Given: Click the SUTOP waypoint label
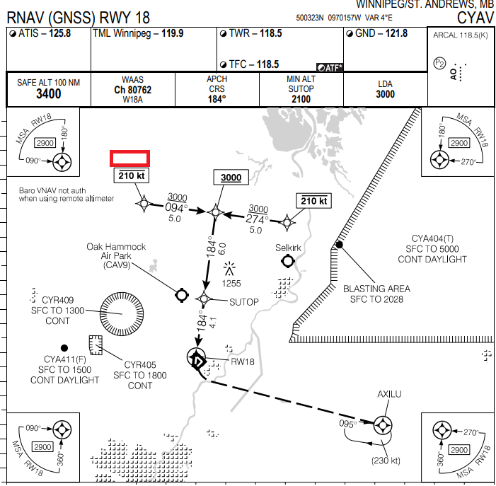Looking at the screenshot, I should pyautogui.click(x=244, y=302).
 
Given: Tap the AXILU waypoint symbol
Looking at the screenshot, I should pyautogui.click(x=383, y=424).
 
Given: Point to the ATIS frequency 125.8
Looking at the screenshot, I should pyautogui.click(x=59, y=33).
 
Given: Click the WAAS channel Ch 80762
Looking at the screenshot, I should pyautogui.click(x=132, y=90).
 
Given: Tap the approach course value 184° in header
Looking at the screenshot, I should pyautogui.click(x=217, y=99).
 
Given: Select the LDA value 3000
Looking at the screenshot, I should pyautogui.click(x=385, y=94).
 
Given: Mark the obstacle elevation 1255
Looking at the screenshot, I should pyautogui.click(x=231, y=283).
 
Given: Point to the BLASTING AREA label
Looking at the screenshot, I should pyautogui.click(x=376, y=289).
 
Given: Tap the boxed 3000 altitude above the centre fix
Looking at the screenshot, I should pyautogui.click(x=231, y=178).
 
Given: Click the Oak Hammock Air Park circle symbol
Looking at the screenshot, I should pyautogui.click(x=180, y=294).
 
